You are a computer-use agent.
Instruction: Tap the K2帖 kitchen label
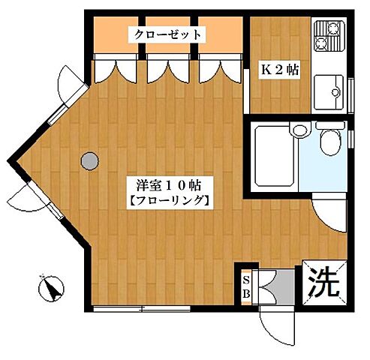[279, 70]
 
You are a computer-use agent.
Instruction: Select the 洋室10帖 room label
[167, 182]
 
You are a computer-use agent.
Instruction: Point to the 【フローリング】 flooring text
[167, 200]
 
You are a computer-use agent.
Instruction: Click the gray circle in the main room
[89, 159]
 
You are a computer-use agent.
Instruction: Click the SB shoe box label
[246, 286]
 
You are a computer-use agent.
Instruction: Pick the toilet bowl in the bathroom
[329, 140]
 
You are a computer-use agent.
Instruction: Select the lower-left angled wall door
[29, 201]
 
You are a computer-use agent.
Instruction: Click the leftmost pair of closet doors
[113, 68]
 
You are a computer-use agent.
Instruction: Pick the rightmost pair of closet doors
[219, 68]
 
